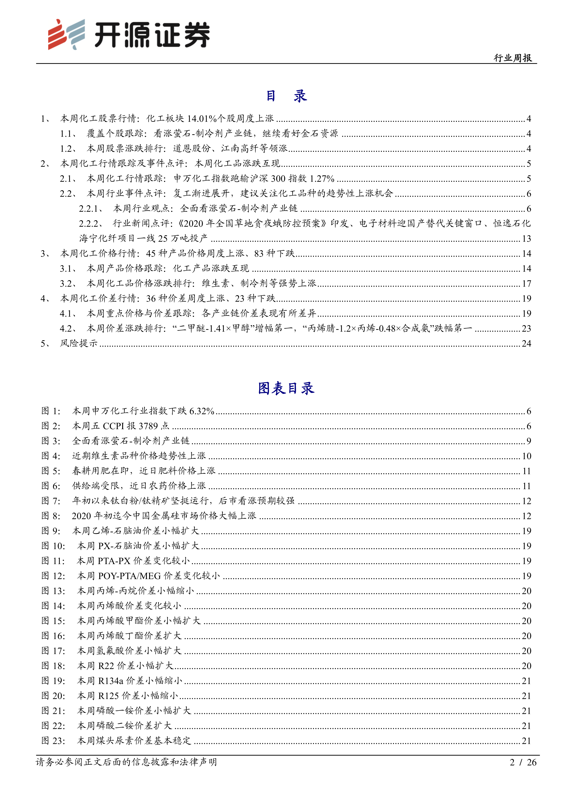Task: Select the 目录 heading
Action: pos(286,96)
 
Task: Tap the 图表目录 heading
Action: pos(286,388)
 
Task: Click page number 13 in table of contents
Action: pos(526,238)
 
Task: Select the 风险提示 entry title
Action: pos(79,343)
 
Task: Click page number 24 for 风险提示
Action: pos(526,343)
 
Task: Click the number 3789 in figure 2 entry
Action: pos(148,426)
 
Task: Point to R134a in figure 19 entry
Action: pos(111,680)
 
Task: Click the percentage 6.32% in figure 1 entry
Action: pos(202,411)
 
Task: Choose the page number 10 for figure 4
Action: pos(526,456)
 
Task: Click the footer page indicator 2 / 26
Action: pos(523,762)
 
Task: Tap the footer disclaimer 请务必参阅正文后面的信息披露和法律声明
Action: pos(126,762)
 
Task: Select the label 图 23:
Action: pos(53,740)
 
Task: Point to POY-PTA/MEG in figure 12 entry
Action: pos(129,576)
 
